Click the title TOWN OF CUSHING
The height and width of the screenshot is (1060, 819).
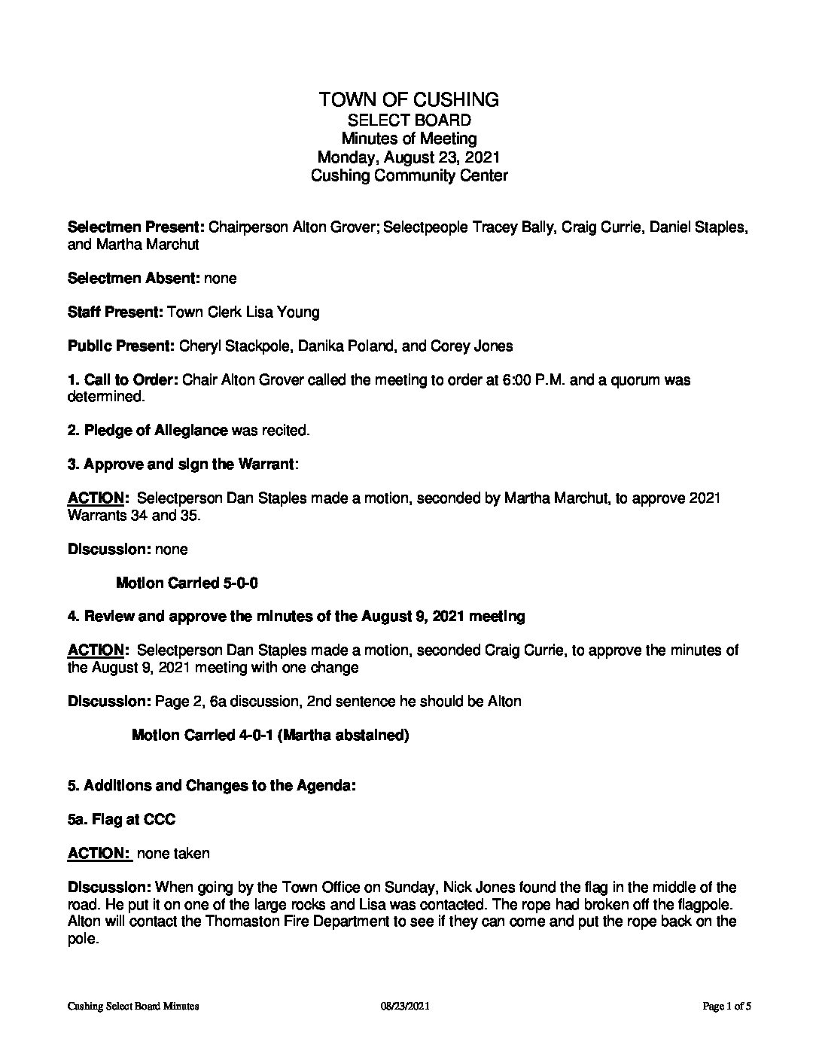pos(409,99)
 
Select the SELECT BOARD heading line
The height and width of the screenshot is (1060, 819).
pos(409,120)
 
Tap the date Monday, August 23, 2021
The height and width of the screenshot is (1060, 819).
pos(409,157)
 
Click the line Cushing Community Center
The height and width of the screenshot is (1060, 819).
pos(409,176)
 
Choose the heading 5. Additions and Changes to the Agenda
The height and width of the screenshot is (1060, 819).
pos(212,785)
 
